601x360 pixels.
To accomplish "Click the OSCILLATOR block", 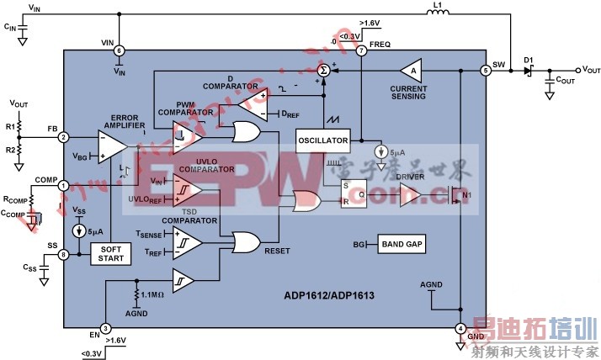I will pos(322,140).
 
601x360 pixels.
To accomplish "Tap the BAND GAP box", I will pos(401,245).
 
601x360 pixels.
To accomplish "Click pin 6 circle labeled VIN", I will pos(119,50).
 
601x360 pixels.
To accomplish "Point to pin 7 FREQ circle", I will pos(361,51).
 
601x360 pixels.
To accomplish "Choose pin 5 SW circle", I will pos(485,71).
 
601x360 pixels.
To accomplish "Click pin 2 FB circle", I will pos(64,137).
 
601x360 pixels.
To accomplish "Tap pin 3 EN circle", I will pos(105,329).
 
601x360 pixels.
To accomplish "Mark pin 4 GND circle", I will pos(460,328).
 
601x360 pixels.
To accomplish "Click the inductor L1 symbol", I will pos(438,13).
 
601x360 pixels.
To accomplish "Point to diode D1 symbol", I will pos(529,71).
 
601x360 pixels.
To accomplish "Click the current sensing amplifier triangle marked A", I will pos(410,71).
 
